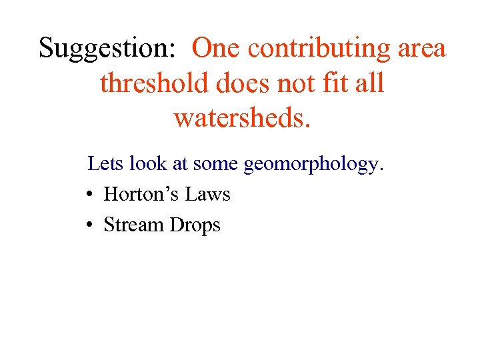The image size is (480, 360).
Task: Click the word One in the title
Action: coord(218,49)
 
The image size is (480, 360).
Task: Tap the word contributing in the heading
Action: coord(320,49)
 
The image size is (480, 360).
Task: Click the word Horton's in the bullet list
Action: coord(141,194)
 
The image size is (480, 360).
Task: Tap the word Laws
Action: coord(207,194)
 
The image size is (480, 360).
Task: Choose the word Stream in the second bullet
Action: coord(134,225)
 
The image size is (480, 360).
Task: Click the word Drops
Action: coord(195,225)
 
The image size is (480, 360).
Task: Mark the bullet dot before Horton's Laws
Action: coord(89,195)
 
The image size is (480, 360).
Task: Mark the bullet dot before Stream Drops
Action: coord(89,225)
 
